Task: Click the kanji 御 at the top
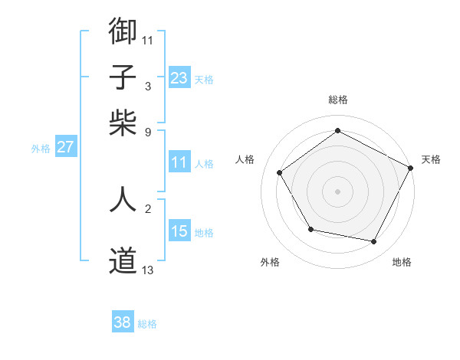[x=123, y=31]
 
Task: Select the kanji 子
[x=123, y=77]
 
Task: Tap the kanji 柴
[x=123, y=123]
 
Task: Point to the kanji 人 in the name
[x=123, y=198]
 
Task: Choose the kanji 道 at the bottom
[x=123, y=261]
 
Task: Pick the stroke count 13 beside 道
[x=148, y=270]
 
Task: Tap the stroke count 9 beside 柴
[x=148, y=132]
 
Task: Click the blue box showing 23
[x=179, y=77]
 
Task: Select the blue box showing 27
[x=65, y=147]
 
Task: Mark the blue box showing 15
[x=179, y=231]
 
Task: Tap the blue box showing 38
[x=122, y=322]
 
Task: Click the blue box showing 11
[x=179, y=162]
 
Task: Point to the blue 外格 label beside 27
[x=41, y=149]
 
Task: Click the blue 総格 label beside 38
[x=147, y=324]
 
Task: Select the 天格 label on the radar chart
[x=431, y=159]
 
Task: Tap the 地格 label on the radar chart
[x=402, y=262]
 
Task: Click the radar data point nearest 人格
[x=280, y=172]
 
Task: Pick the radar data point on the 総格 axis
[x=337, y=131]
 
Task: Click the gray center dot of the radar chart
[x=337, y=191]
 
